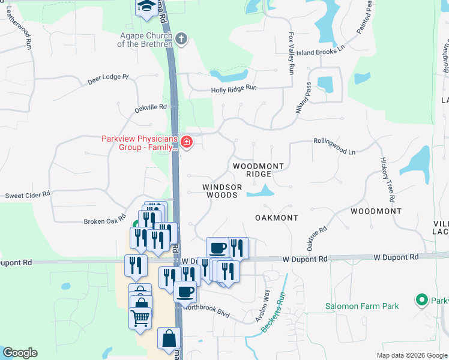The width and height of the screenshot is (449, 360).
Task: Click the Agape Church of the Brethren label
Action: tap(146, 40)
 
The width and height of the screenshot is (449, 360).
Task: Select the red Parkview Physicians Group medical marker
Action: tap(187, 143)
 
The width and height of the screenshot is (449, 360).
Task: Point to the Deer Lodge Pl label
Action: tap(108, 78)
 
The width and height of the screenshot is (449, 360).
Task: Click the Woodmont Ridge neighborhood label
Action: tap(258, 169)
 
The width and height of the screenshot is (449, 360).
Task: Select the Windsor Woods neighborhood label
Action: tap(222, 191)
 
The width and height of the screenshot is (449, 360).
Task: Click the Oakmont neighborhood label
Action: tap(276, 217)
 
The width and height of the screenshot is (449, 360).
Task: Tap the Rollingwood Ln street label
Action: tap(334, 146)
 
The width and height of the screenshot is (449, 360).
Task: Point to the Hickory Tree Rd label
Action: tap(387, 179)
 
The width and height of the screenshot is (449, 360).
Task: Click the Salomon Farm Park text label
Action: tap(362, 306)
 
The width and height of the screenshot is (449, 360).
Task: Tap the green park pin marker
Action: tap(421, 299)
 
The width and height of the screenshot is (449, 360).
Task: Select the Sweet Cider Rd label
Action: tap(28, 196)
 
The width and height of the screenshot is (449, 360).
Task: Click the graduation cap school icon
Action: tap(145, 7)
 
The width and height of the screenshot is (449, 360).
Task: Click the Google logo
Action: tap(20, 353)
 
